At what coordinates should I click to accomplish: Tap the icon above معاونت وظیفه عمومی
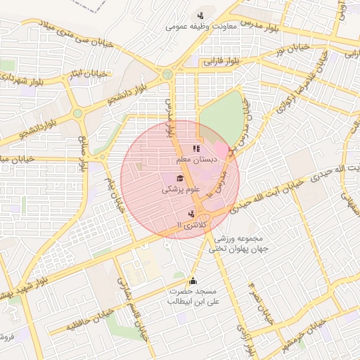tap(201, 15)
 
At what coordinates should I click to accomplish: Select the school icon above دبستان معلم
tap(196, 148)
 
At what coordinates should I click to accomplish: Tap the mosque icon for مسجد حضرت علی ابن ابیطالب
tap(193, 281)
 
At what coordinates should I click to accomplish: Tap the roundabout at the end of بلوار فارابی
tap(167, 74)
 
